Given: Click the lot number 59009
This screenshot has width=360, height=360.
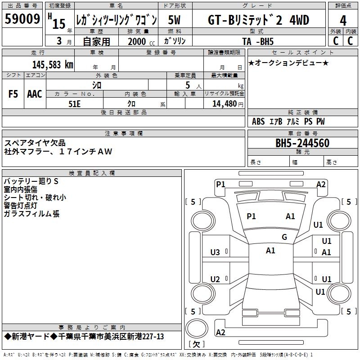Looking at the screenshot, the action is point(22,19).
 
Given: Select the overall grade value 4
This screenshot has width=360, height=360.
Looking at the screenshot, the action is point(343,20).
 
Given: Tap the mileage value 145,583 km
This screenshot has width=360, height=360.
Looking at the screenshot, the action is point(53,65).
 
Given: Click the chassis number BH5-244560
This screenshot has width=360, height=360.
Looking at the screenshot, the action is point(302,143).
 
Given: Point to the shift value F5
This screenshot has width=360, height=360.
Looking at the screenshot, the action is point(13,94).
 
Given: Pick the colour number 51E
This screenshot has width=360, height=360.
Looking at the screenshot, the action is point(74,104).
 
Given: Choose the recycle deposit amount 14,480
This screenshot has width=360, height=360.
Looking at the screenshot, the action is point(225,104).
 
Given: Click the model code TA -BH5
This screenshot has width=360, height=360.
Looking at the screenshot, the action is point(258,41).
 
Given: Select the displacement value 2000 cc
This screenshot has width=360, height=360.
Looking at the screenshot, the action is point(141,42).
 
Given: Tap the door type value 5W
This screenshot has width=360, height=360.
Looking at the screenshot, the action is point(174,20).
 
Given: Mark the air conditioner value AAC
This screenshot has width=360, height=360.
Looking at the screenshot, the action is point(35,94).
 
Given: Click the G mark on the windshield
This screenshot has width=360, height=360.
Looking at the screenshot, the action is point(284,237).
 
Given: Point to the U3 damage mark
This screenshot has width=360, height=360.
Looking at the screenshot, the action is point(215,252).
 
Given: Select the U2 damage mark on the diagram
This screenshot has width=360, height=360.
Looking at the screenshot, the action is point(215,279).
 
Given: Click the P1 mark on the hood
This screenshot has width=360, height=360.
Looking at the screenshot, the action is point(251,216).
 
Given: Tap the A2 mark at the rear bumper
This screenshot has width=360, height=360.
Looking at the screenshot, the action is point(220,332).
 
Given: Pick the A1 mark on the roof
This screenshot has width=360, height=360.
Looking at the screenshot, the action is point(270,251).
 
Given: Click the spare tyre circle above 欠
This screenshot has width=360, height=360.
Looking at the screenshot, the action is point(197,328).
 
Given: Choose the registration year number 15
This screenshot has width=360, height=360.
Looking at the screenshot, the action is point(59,24).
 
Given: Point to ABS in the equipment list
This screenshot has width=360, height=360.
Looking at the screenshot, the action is point(258,121).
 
